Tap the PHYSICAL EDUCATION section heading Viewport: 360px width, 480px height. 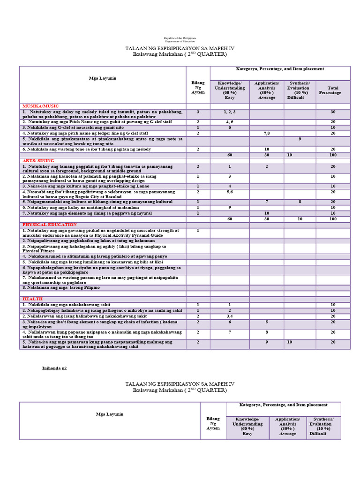click(x=48, y=225)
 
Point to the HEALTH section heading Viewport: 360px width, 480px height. click(x=32, y=299)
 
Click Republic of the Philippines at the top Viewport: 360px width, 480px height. click(x=180, y=37)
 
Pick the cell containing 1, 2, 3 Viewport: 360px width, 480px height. click(x=229, y=112)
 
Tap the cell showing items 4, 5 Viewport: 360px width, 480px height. click(x=229, y=121)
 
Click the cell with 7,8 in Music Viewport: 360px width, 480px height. click(x=266, y=133)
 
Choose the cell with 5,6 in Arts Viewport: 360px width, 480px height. click(x=229, y=192)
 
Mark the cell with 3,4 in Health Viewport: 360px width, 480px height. click(x=229, y=316)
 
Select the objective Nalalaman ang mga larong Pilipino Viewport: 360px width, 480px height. click(x=62, y=287)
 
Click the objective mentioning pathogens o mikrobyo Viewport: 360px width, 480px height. click(x=102, y=311)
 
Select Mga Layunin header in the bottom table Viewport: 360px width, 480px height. click(x=110, y=414)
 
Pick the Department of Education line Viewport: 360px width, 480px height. click(x=180, y=41)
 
